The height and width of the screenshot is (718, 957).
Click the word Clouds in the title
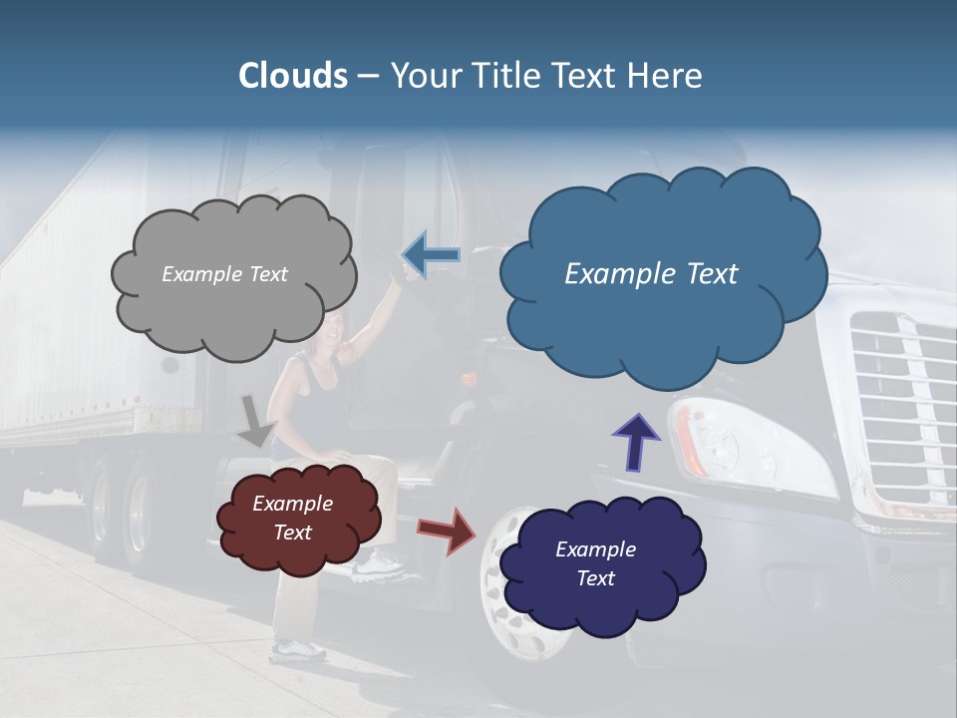click(x=293, y=76)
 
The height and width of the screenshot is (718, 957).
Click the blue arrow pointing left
click(x=431, y=255)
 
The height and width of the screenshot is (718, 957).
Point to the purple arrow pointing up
click(x=635, y=440)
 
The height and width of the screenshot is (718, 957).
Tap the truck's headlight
click(x=758, y=449)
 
